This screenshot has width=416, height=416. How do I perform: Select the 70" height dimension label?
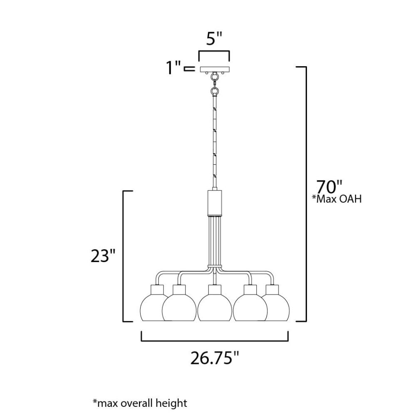tap(329, 186)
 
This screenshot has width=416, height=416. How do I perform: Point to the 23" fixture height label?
tap(103, 256)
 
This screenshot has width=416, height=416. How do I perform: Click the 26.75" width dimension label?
tap(215, 357)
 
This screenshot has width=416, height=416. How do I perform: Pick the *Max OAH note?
tap(337, 199)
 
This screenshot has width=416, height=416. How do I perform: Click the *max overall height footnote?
tap(139, 403)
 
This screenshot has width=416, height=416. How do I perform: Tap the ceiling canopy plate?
tap(215, 69)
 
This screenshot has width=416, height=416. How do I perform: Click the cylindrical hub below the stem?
tap(215, 203)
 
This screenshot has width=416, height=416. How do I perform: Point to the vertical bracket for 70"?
tap(306, 193)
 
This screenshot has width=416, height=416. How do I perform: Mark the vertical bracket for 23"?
tap(124, 256)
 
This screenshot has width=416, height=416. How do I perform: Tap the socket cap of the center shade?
tap(215, 290)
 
